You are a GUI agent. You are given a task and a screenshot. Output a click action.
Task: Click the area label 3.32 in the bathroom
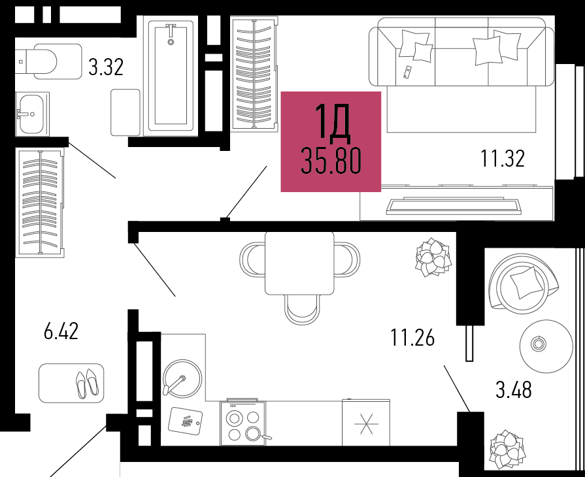coord(106,67)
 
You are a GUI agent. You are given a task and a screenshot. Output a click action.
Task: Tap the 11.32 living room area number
coord(502,158)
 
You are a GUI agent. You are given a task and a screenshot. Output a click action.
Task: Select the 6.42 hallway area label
coord(61,331)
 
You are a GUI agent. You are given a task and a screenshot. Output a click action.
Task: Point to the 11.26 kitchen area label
coord(412,338)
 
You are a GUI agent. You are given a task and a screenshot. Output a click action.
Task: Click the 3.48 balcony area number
coord(513,389)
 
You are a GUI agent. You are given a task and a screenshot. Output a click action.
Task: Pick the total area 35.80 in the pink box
coord(331,161)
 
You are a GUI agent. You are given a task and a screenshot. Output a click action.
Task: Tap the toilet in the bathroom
coord(49,61)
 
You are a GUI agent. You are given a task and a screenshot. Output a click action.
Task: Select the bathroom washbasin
coord(32,114)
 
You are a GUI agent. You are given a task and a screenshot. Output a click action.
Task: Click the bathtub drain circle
coord(171,42)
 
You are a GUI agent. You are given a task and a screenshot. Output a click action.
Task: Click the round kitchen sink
coord(182,378)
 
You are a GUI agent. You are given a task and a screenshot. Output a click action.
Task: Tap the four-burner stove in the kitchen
coord(243,423)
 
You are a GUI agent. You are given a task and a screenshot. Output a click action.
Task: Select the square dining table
coord(299,263)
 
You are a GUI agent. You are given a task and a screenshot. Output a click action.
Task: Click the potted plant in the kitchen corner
coord(433,257)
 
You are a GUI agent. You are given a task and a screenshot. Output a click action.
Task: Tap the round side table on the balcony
coord(546,346)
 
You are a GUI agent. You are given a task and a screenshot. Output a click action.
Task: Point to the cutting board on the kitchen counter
coord(185,421)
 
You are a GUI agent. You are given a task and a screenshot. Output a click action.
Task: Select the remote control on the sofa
coord(407,72)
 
